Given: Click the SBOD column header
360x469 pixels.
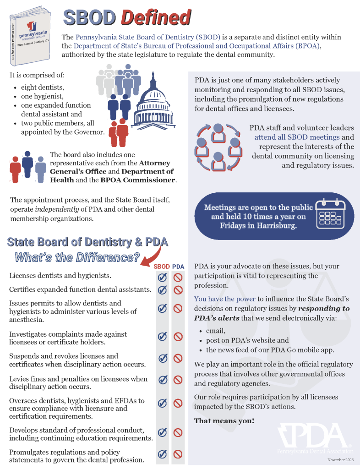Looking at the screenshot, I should click(x=162, y=267).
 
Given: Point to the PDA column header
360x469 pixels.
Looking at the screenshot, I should click(x=178, y=267).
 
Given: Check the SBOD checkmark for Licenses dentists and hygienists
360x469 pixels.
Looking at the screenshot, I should click(x=162, y=278).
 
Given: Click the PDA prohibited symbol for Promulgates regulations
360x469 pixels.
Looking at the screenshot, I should click(x=178, y=454).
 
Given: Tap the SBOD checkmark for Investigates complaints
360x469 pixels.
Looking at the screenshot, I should click(x=162, y=337).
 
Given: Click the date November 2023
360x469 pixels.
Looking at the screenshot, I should click(x=340, y=459).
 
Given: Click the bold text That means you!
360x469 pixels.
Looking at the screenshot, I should click(x=224, y=420).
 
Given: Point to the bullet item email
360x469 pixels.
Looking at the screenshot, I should click(x=216, y=331).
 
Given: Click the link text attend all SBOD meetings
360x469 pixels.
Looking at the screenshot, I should click(x=297, y=137).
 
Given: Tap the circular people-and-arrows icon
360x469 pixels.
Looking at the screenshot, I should click(x=218, y=145).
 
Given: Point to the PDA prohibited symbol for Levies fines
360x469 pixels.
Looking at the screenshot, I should click(x=178, y=380).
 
